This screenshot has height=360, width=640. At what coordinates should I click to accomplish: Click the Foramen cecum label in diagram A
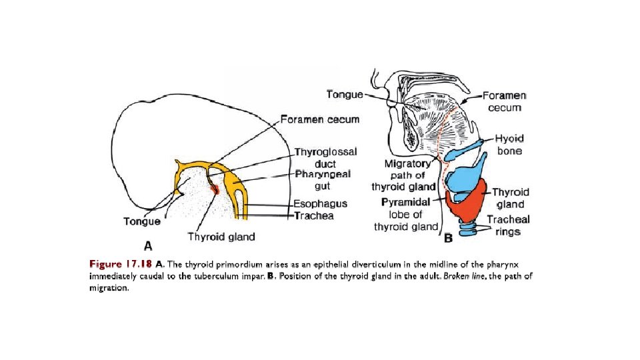point(320,119)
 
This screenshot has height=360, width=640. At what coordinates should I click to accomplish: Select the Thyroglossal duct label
point(326,157)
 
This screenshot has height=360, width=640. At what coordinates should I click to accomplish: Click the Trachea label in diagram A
point(315,216)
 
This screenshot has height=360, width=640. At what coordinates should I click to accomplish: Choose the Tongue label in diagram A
point(141,221)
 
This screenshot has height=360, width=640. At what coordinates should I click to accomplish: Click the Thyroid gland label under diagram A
point(221,237)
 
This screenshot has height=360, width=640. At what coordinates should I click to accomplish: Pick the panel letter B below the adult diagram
point(448,237)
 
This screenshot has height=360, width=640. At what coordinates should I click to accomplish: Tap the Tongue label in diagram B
point(345,94)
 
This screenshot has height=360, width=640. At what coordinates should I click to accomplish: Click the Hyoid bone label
point(509,145)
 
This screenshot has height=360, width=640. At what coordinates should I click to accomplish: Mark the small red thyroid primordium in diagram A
point(215,189)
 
